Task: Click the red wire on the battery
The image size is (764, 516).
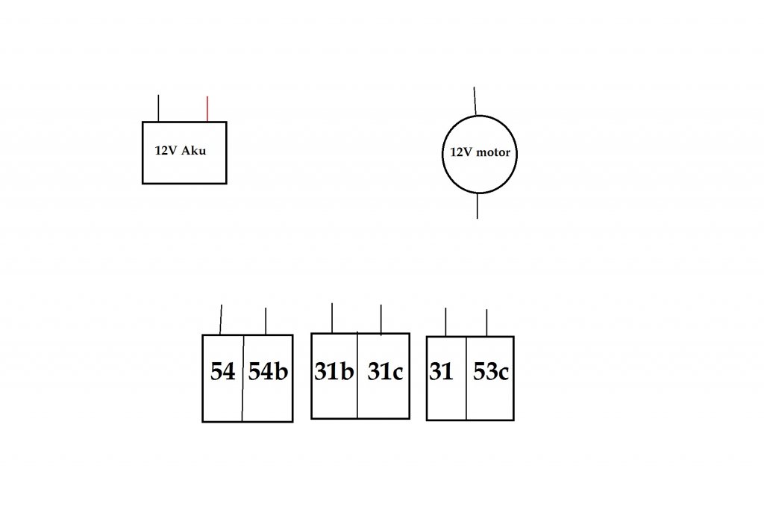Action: [207, 109]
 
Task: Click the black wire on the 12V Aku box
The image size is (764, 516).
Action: [158, 108]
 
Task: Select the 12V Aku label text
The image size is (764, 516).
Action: [180, 150]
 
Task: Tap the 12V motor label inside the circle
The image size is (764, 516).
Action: [480, 152]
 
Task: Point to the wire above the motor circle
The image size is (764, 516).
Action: [475, 101]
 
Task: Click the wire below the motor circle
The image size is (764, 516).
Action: [477, 205]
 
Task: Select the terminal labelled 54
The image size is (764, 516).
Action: [222, 372]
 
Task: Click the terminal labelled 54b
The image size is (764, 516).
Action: [268, 372]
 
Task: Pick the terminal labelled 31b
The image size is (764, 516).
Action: [334, 372]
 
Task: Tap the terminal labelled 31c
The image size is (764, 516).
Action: [385, 372]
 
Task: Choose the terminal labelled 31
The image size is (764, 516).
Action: [441, 372]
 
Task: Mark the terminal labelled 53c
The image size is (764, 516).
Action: [491, 372]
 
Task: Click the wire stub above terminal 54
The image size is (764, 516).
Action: [221, 320]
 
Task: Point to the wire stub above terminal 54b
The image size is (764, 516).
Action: [266, 321]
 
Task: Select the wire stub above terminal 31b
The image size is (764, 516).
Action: [332, 318]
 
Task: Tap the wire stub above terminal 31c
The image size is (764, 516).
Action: [381, 319]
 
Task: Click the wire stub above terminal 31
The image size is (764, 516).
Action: [445, 322]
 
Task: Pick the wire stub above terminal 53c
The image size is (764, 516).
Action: [486, 323]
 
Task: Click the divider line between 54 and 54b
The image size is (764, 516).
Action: [242, 396]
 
